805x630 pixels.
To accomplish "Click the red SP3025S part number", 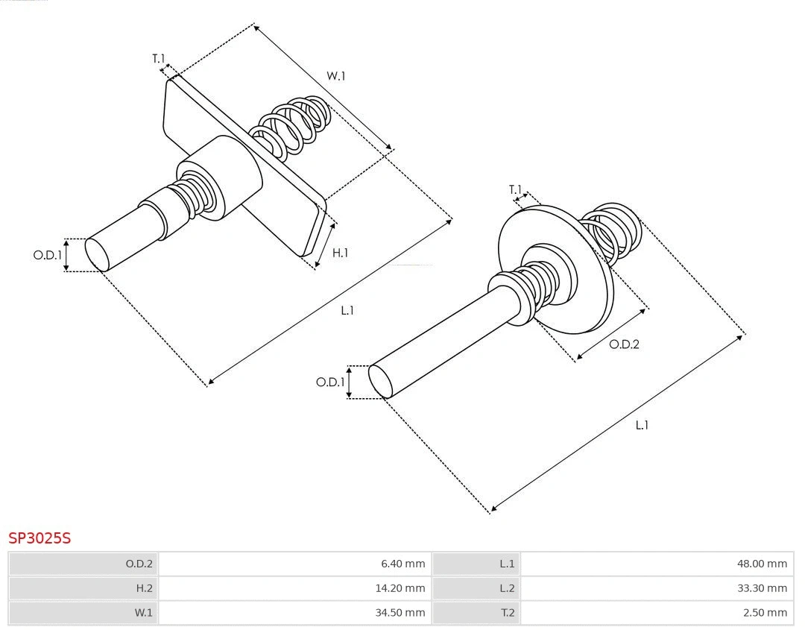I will (x=40, y=538).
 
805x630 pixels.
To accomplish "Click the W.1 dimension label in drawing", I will (x=336, y=75).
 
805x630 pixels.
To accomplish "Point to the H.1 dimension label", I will (x=340, y=253).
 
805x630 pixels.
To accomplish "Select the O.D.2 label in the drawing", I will (x=624, y=344).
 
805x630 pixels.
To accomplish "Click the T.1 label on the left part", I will (x=158, y=58).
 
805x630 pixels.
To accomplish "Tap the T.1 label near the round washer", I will (x=515, y=190).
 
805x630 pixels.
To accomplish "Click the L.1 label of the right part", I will (x=641, y=425).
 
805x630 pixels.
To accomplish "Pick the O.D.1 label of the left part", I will (x=47, y=255).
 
